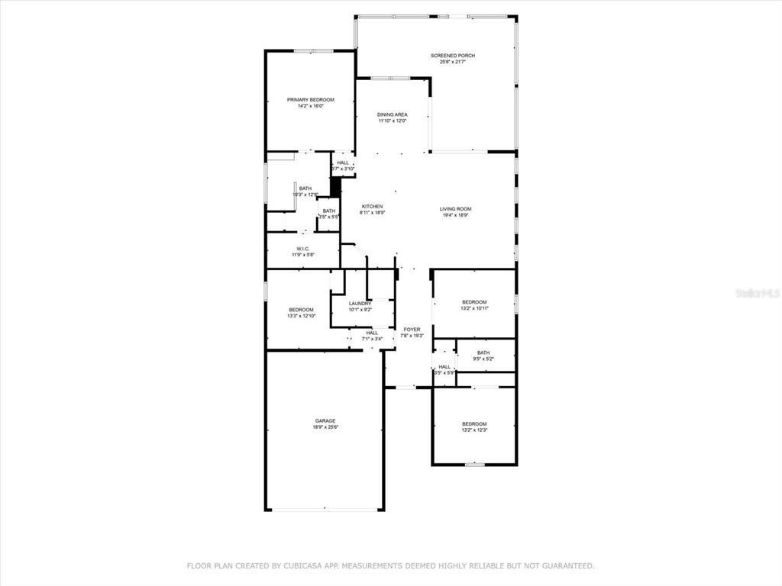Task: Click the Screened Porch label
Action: click(447, 56)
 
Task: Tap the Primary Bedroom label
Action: click(310, 100)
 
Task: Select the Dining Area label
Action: click(392, 114)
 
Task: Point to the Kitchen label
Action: click(372, 207)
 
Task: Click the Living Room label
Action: click(455, 209)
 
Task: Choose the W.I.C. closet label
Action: click(302, 249)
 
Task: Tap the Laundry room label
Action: click(360, 304)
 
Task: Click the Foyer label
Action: click(412, 330)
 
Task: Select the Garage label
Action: click(325, 421)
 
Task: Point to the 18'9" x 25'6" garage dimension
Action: click(325, 428)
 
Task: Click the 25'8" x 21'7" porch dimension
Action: click(447, 63)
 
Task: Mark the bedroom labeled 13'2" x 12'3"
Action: click(473, 427)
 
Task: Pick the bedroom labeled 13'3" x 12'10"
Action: click(301, 313)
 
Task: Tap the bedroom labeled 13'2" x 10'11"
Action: click(474, 305)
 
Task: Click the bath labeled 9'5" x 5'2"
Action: click(483, 356)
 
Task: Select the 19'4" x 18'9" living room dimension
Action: click(455, 216)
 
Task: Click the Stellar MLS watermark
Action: click(756, 292)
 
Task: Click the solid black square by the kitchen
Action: click(334, 187)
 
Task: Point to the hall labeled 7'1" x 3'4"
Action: click(372, 336)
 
